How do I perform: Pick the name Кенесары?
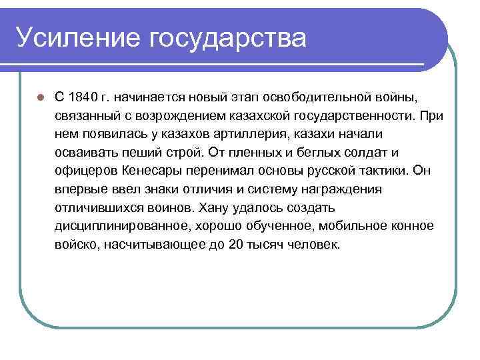point(150,170)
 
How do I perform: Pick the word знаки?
point(152,189)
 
